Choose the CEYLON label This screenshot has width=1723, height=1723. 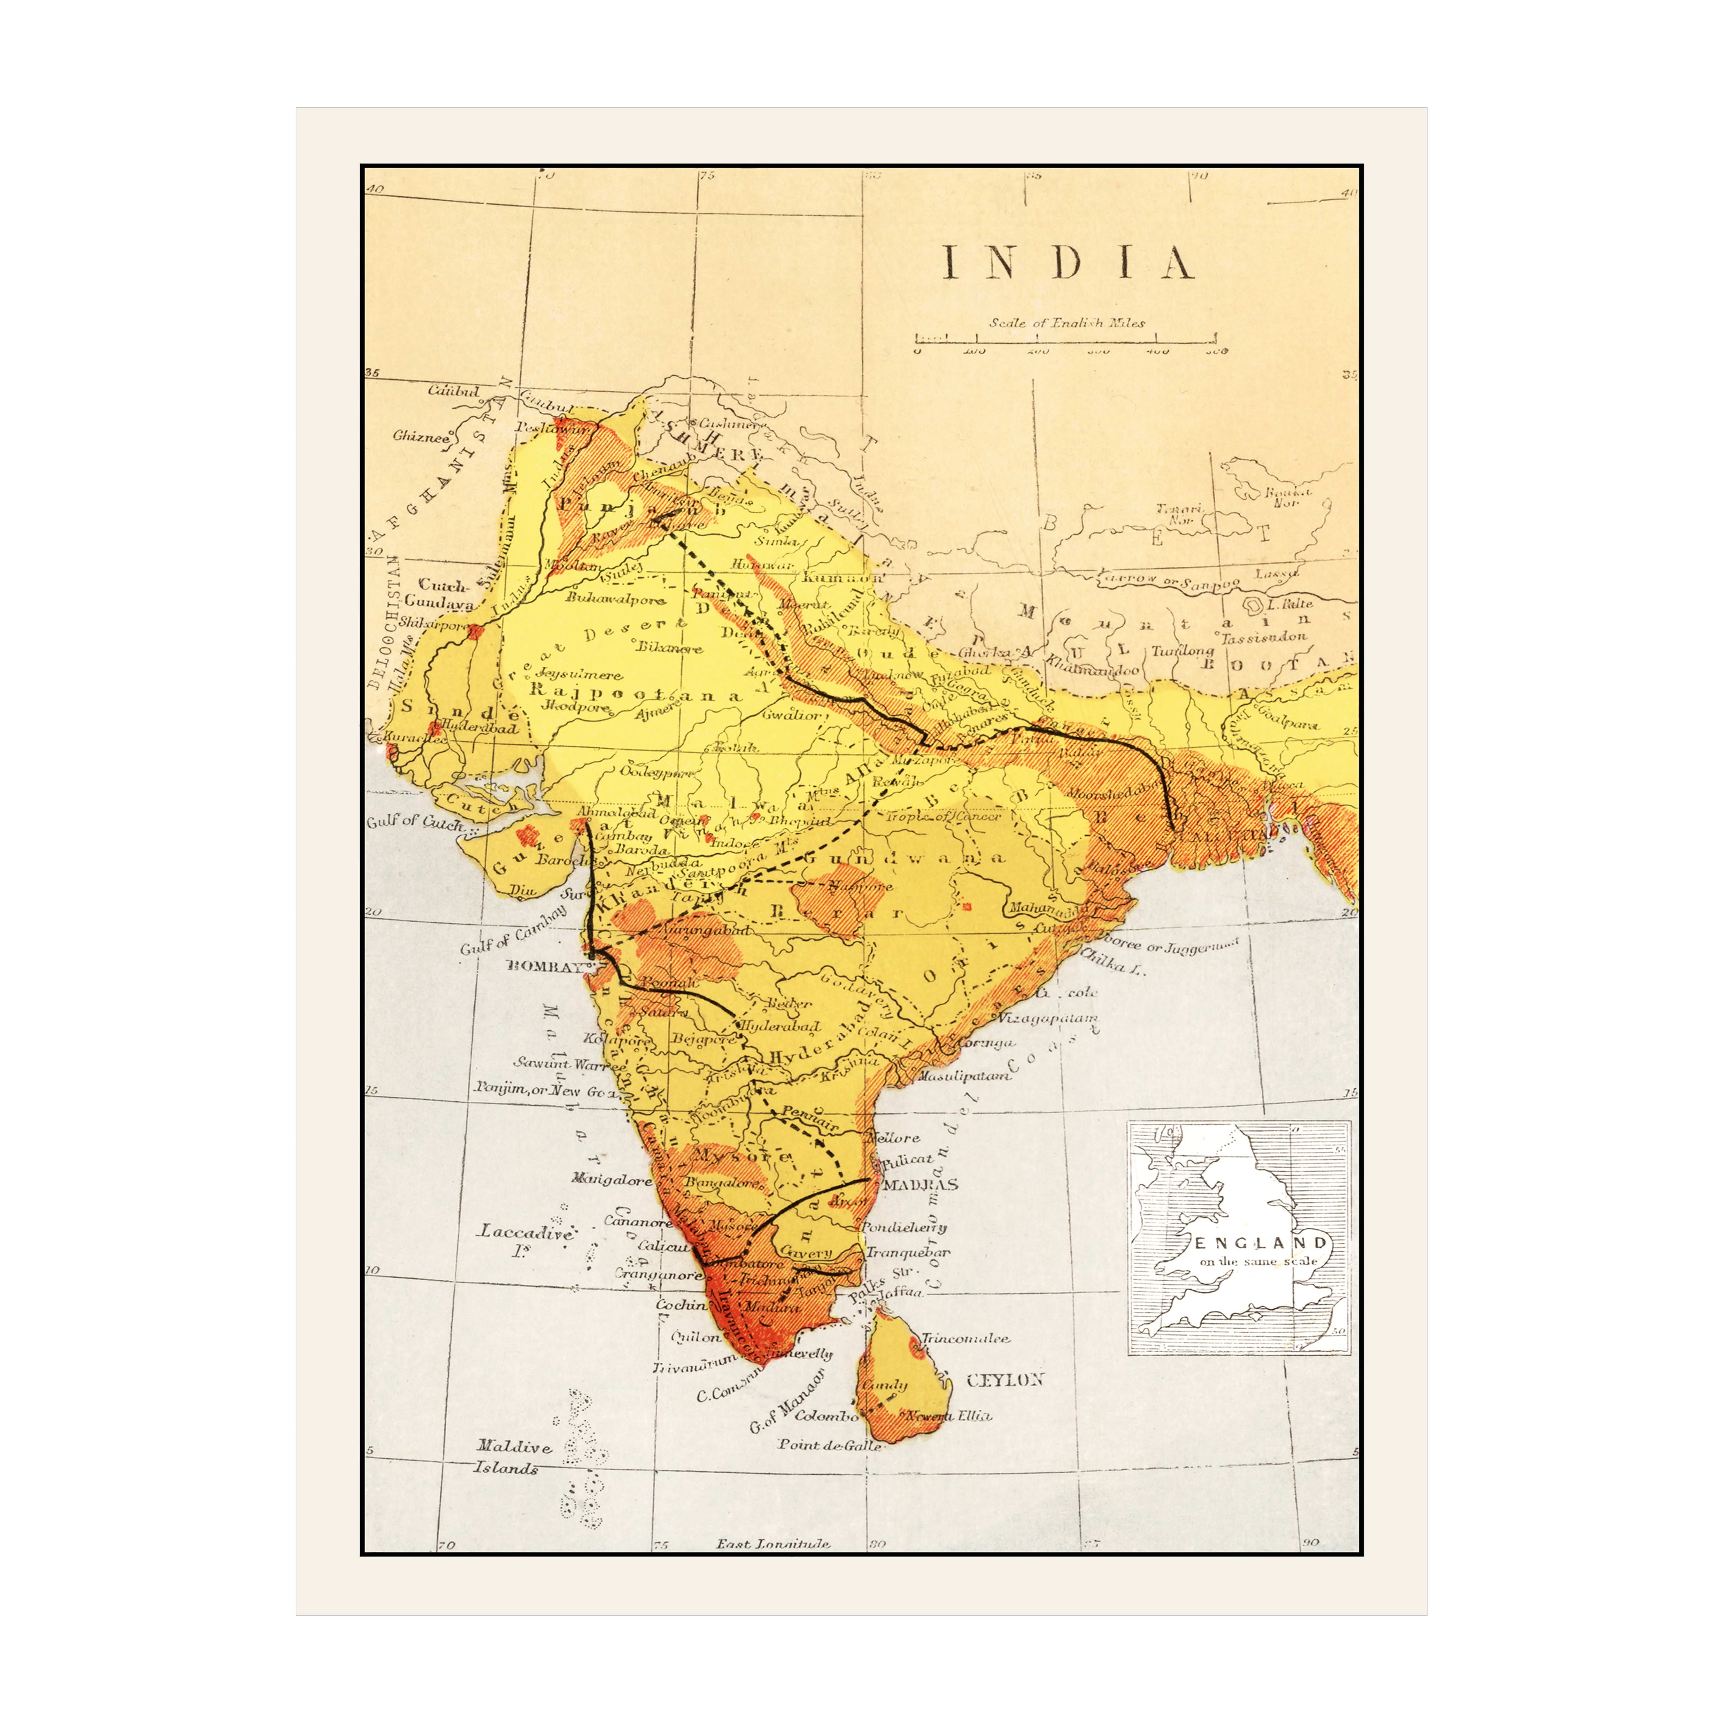click(1005, 1380)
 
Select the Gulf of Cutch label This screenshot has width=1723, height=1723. click(415, 821)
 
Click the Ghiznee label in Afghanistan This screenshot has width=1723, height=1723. click(421, 437)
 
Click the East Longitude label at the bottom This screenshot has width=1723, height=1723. click(773, 1544)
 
